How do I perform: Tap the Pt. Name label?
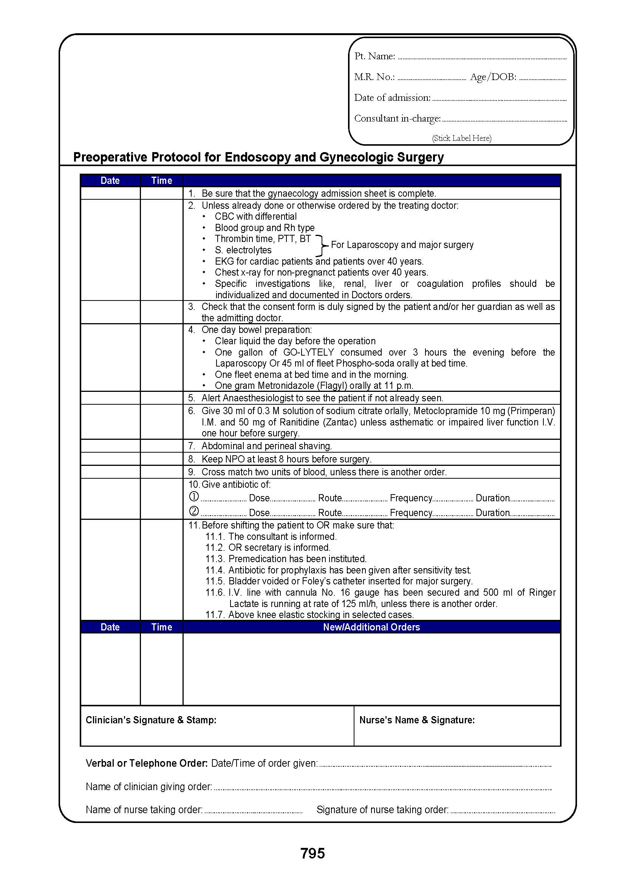coord(374,56)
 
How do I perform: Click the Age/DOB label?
coord(493,77)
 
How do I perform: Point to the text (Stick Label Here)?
coord(461,138)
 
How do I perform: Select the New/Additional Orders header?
coord(371,627)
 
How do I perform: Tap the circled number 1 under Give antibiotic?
coord(194,497)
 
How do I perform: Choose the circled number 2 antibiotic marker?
coord(194,512)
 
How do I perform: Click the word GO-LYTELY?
coord(309,352)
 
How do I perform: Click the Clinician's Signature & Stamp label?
coord(151,720)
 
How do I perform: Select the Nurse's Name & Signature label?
coord(417,720)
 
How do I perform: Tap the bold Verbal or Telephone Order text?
coord(147,763)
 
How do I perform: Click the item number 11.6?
coord(215,592)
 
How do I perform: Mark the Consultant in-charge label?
coord(397,119)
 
